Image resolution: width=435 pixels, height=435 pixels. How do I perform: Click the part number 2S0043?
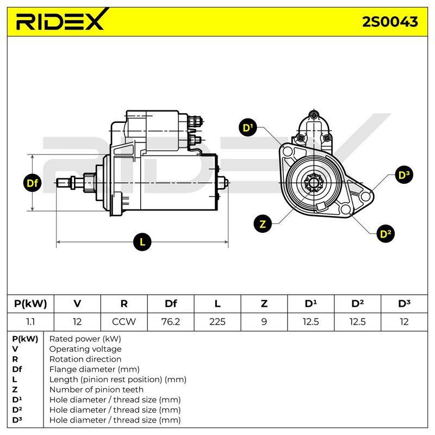point(390,22)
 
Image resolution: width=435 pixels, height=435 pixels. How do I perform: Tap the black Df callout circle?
point(33,183)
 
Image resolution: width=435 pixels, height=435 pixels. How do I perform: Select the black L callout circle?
point(142,242)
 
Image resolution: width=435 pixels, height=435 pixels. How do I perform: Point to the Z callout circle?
point(263,223)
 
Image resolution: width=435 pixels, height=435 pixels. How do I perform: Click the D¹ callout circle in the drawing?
point(248,128)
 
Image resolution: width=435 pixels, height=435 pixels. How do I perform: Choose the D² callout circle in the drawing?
point(386,234)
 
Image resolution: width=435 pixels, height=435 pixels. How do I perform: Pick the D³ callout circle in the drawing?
point(404,175)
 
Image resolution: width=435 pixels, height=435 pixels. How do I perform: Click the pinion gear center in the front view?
point(314,183)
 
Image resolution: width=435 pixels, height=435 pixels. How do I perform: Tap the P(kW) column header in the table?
point(30,303)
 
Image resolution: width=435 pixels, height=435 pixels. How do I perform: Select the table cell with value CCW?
point(124,322)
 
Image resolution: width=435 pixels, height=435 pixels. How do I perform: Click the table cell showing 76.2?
point(171,322)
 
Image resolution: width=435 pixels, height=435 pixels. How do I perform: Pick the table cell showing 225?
point(217,322)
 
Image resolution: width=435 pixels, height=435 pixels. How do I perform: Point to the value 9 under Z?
point(264,322)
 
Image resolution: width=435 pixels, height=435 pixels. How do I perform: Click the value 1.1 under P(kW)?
point(30,322)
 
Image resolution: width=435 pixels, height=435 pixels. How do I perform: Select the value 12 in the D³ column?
point(404,322)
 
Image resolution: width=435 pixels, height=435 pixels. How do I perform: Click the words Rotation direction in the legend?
point(85,359)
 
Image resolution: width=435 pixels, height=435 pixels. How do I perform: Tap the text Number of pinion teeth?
point(96,389)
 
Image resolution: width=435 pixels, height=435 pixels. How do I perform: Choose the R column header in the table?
point(124,303)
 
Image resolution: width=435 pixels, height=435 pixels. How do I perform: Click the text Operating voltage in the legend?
point(85,349)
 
